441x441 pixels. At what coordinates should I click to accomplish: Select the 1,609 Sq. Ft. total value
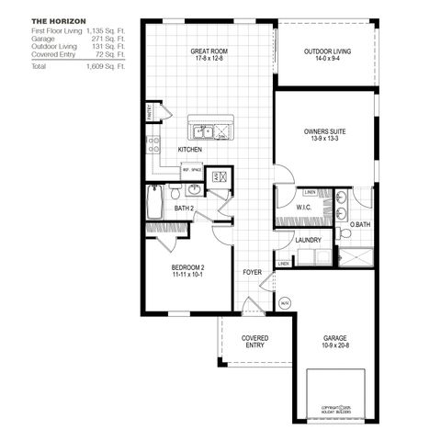tap(107, 67)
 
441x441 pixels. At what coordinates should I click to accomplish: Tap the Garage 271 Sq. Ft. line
tap(78, 40)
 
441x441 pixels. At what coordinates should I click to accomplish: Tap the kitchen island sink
tap(210, 130)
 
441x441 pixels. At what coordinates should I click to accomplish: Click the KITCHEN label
tap(190, 149)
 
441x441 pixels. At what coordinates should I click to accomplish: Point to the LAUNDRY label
tap(308, 241)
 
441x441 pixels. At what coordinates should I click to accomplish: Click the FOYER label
tap(252, 273)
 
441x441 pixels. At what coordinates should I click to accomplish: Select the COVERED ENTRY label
tap(254, 343)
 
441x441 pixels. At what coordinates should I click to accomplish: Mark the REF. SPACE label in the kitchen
tap(191, 170)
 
